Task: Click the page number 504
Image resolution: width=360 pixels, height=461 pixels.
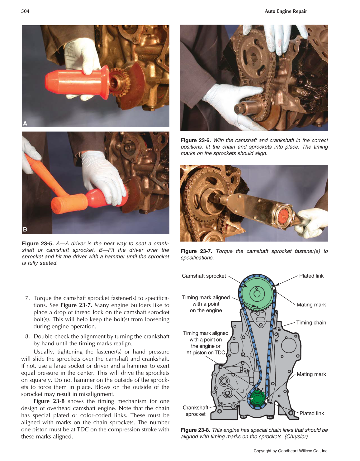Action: [x=25, y=11]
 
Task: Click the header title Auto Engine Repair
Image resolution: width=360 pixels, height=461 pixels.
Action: [x=286, y=11]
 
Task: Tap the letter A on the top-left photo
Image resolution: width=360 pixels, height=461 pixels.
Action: [x=25, y=123]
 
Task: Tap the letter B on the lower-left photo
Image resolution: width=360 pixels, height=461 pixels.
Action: [x=25, y=229]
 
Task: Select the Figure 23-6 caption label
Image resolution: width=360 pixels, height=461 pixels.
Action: [x=196, y=140]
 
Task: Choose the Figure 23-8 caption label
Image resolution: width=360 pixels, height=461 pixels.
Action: [x=196, y=430]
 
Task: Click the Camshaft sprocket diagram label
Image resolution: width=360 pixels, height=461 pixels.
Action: [x=204, y=276]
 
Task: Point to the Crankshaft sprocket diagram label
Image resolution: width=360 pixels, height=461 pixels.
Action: [x=195, y=411]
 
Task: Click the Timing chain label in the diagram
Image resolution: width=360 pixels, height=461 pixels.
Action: [x=311, y=323]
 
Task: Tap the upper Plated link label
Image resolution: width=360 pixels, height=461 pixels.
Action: [x=311, y=276]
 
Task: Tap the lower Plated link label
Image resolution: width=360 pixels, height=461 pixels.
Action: [x=311, y=413]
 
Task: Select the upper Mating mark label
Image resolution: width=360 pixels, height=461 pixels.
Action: [x=311, y=305]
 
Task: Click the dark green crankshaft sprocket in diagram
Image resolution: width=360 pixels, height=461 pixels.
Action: [x=257, y=399]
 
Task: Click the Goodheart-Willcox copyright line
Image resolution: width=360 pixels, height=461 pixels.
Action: [x=291, y=451]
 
